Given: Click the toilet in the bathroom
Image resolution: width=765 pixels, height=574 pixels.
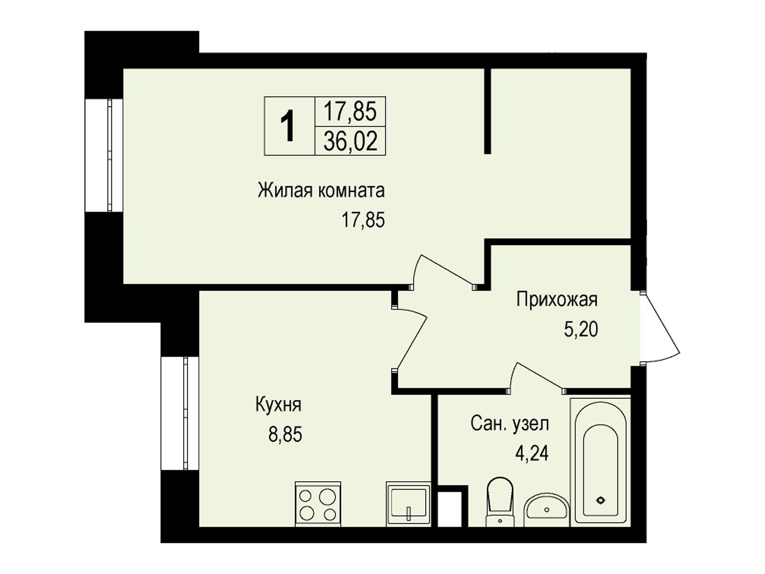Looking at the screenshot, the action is [500, 502].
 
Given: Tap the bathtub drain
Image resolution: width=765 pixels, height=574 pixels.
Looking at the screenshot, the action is [600, 500].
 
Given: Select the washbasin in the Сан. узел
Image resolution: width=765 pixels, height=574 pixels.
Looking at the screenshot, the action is [547, 510].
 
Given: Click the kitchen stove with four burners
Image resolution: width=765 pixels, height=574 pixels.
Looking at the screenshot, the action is [317, 504].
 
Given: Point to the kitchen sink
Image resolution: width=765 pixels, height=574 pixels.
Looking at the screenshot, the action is [408, 504].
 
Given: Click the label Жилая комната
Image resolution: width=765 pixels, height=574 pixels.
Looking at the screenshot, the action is [321, 191].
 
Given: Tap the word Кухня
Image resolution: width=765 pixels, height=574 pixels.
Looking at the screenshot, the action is [278, 405].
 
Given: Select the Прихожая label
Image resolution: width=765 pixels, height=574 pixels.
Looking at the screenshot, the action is [557, 299].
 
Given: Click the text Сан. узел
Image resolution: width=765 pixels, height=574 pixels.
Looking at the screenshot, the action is [510, 424].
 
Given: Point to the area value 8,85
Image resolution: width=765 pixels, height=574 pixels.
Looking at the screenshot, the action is [285, 435].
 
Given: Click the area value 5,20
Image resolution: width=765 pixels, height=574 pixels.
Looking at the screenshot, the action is [581, 329].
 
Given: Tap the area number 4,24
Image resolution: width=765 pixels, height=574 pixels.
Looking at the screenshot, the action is [532, 454].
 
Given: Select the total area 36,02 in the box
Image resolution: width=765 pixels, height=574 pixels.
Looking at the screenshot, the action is [350, 142].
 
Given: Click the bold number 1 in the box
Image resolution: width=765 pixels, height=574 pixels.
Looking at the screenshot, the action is [289, 126].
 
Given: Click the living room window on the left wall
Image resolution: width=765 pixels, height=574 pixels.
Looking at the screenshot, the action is [104, 155].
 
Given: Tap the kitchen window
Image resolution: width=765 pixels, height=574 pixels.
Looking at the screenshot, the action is [180, 413].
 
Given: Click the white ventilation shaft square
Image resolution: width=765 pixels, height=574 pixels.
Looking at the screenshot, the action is [449, 509].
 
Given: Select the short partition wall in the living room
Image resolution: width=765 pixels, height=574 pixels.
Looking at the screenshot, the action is [488, 111].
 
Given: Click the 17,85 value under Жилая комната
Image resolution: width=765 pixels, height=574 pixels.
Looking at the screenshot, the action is [363, 220].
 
